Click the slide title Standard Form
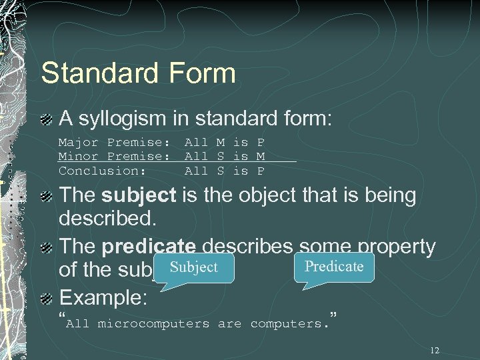(138, 73)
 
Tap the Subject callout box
(193, 267)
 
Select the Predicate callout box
(333, 267)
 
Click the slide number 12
(435, 351)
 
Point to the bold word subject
(139, 196)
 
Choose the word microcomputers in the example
(153, 324)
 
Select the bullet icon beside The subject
(47, 197)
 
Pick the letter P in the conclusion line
(261, 171)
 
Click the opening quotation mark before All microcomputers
(62, 315)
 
